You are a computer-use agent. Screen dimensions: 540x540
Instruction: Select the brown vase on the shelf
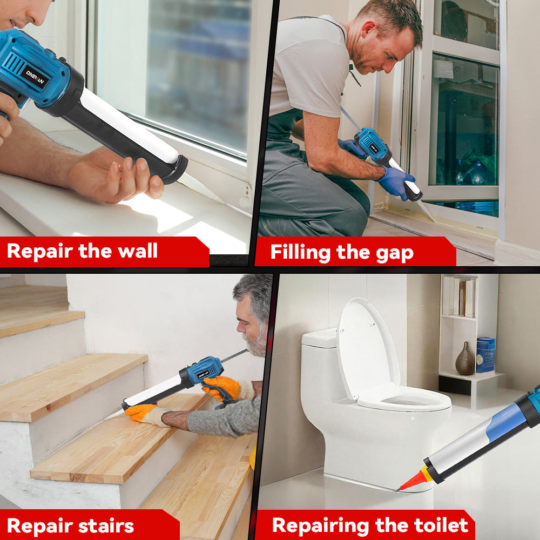click(464, 360)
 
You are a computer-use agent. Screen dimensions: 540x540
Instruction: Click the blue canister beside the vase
click(485, 355)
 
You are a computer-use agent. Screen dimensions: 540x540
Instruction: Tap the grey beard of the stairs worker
click(254, 343)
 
